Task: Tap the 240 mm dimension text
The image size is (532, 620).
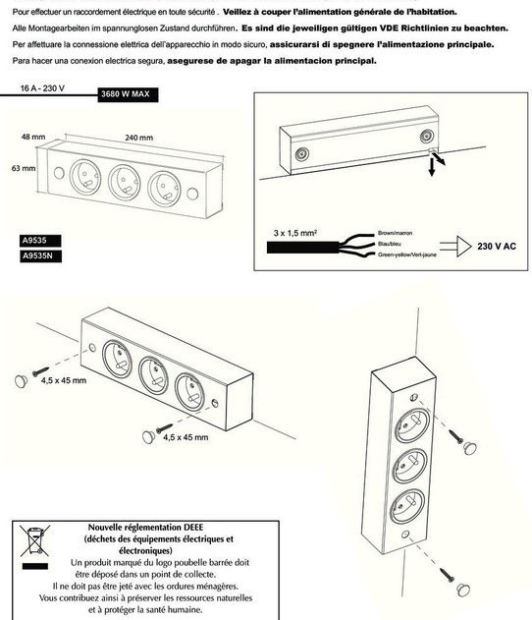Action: coord(138,138)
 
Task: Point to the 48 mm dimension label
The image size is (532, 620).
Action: coord(33,137)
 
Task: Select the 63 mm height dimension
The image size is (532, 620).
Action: coord(24,168)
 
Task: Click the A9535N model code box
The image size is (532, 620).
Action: coord(40,255)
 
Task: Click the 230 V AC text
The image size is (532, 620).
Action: coord(497,247)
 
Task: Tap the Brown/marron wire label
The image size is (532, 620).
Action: coord(395,233)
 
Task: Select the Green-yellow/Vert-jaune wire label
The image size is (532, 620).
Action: coord(407,254)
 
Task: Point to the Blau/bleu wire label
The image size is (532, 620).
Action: coord(390,244)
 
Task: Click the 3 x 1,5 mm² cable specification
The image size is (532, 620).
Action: coord(295,233)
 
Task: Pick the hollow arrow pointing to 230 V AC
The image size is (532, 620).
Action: coord(455,246)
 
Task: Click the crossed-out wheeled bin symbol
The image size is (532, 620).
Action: coord(34,540)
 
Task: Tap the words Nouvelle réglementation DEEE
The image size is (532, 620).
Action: coord(145,527)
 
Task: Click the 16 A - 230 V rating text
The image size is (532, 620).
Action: coord(42,88)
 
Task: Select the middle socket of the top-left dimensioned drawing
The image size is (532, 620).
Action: coord(125,183)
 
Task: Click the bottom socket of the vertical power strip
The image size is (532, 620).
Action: coord(408,506)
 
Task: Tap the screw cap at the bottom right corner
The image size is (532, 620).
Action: coord(463,590)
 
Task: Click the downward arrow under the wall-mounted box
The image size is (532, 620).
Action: coord(432,167)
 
